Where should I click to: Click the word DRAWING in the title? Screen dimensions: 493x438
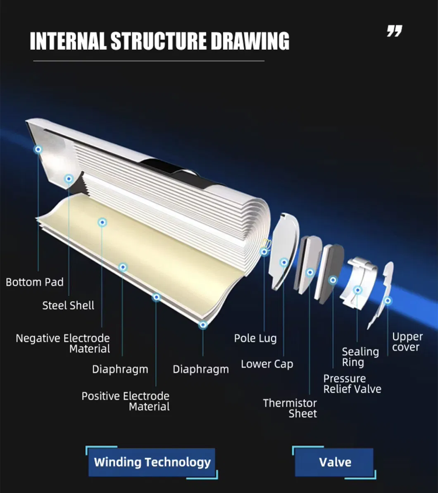pyautogui.click(x=250, y=41)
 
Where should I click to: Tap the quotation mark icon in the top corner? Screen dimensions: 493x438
pyautogui.click(x=394, y=31)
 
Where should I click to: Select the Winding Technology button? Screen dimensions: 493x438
pyautogui.click(x=152, y=462)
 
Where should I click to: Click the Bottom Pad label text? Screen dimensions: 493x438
pyautogui.click(x=35, y=283)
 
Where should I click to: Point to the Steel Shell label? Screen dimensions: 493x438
pyautogui.click(x=68, y=306)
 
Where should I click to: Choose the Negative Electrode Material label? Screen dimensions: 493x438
pyautogui.click(x=63, y=343)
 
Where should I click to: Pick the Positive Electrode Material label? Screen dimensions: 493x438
pyautogui.click(x=126, y=401)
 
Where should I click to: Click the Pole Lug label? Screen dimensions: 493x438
pyautogui.click(x=255, y=338)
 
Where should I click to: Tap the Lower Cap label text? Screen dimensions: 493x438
pyautogui.click(x=267, y=364)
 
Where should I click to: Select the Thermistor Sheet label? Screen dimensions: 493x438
pyautogui.click(x=290, y=408)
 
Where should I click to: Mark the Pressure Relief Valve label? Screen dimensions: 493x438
pyautogui.click(x=352, y=384)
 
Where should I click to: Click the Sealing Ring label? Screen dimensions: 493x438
pyautogui.click(x=360, y=357)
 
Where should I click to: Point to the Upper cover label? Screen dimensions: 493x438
pyautogui.click(x=407, y=342)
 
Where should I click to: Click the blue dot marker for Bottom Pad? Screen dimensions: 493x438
pyautogui.click(x=38, y=149)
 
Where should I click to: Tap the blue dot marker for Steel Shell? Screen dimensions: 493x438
pyautogui.click(x=69, y=179)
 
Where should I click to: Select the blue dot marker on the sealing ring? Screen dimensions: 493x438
pyautogui.click(x=358, y=290)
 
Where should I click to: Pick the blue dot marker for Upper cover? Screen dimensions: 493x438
pyautogui.click(x=388, y=301)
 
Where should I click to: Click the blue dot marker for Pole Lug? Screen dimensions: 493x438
pyautogui.click(x=264, y=251)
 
